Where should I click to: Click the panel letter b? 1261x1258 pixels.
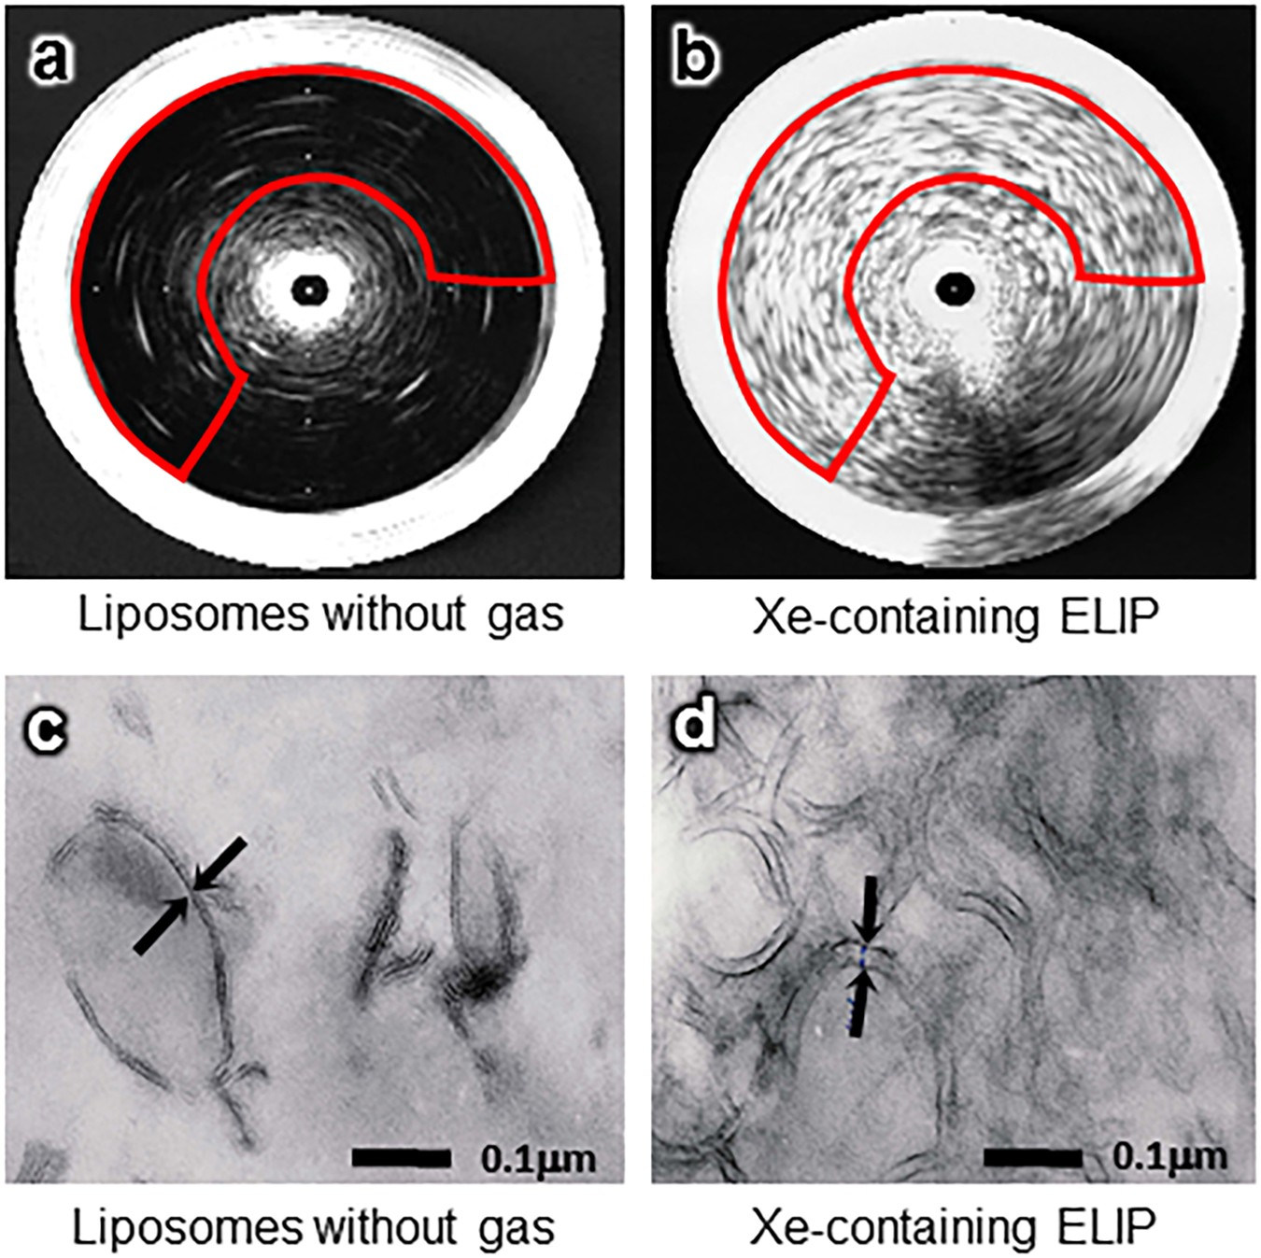695,59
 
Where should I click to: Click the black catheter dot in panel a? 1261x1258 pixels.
308,290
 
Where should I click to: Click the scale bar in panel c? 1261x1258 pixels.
401,1159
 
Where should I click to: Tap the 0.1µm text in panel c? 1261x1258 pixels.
538,1159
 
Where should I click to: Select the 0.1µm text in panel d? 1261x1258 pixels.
1169,1157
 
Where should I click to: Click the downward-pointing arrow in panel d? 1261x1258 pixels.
870,908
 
